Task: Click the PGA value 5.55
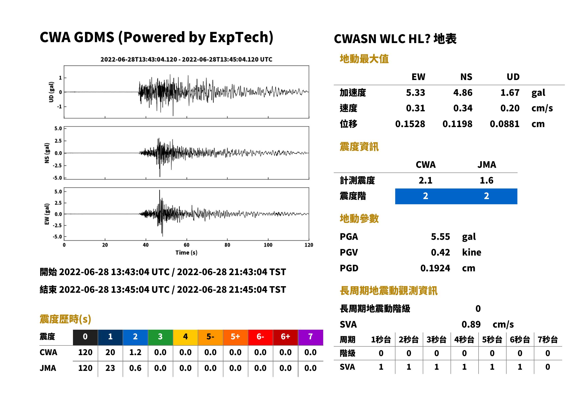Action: [x=440, y=237]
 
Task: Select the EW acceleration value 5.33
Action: [x=415, y=92]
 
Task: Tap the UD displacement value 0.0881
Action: [x=504, y=124]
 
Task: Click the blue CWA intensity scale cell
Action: [x=426, y=196]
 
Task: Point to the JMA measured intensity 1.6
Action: [x=486, y=180]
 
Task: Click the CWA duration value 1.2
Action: [x=135, y=352]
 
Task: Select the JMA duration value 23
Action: [x=110, y=368]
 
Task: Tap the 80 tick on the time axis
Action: [x=227, y=245]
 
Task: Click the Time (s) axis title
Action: [x=186, y=253]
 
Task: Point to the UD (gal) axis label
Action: [x=51, y=92]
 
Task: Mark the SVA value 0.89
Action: [x=471, y=324]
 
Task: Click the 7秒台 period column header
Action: [x=548, y=339]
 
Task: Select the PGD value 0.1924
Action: [x=435, y=268]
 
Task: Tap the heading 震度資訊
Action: [x=359, y=147]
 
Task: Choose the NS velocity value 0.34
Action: [x=463, y=108]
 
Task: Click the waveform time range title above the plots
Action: [x=186, y=59]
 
